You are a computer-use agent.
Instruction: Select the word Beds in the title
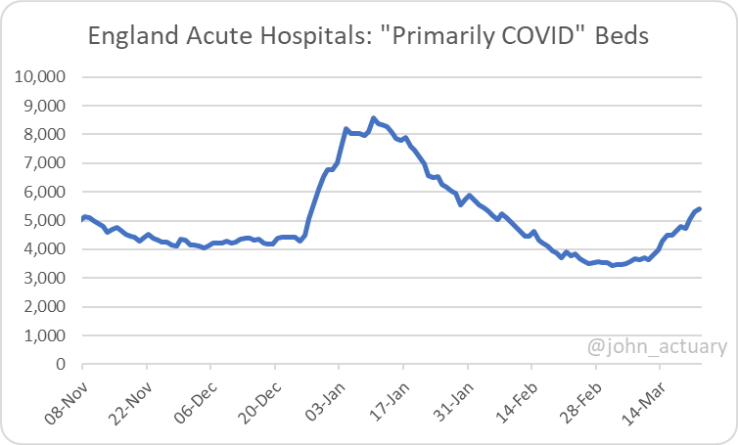623,38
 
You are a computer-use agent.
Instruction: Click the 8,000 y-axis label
44,134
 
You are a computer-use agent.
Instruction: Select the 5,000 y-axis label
44,220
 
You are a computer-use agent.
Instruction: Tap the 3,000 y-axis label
44,278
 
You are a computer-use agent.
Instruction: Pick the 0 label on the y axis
60,364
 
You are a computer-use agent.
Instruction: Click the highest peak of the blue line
373,118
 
